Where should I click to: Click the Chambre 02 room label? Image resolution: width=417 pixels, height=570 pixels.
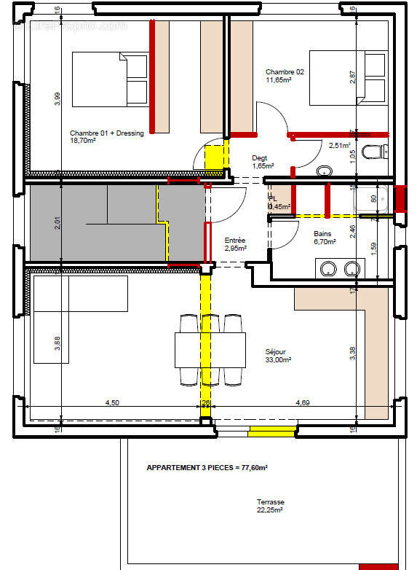(x=285, y=76)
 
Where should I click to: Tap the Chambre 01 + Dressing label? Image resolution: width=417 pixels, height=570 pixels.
(x=107, y=138)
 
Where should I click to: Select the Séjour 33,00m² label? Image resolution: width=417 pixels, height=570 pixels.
(x=278, y=356)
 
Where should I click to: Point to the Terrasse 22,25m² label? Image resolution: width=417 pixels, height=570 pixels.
(x=270, y=506)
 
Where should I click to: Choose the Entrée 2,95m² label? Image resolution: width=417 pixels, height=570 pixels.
(x=235, y=244)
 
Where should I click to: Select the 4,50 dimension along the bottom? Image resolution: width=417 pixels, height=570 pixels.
(x=112, y=402)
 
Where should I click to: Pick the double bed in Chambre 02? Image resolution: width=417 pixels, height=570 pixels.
(x=347, y=78)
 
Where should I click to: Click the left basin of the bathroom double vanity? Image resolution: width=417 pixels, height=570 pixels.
(x=327, y=268)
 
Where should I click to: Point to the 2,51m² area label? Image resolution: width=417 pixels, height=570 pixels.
(x=340, y=146)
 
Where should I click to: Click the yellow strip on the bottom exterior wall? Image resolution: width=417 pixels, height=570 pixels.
(x=271, y=433)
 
